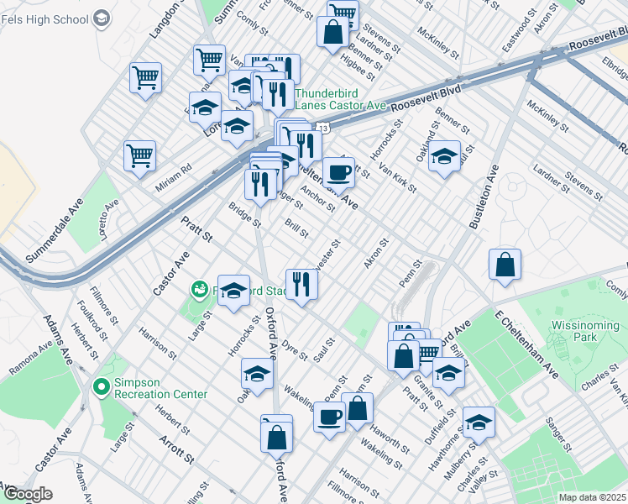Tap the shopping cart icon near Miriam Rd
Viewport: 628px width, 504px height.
(x=139, y=155)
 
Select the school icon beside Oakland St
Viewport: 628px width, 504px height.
(x=444, y=155)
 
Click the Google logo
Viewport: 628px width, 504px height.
(x=26, y=495)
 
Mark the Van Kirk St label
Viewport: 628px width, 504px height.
(x=398, y=176)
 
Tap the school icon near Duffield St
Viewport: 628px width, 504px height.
(x=479, y=423)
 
